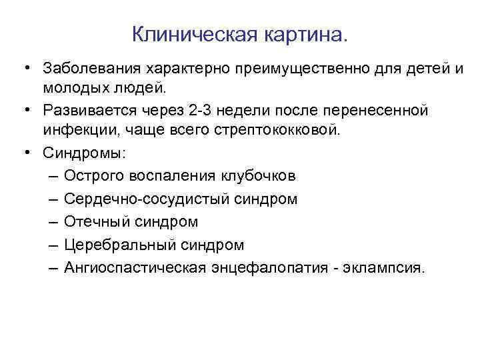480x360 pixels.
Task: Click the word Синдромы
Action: click(x=83, y=152)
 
